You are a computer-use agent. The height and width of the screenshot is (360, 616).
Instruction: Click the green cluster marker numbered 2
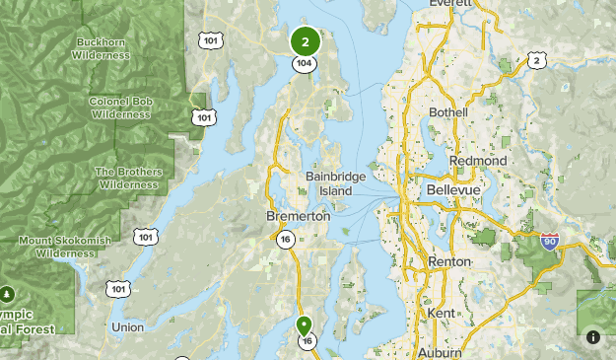click(306, 41)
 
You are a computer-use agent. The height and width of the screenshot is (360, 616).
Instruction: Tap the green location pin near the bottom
click(305, 324)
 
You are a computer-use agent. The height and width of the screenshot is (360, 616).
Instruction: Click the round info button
click(593, 336)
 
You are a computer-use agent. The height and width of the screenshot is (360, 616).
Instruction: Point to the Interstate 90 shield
click(549, 242)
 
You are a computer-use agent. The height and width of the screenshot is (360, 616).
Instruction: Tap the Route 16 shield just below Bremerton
click(285, 239)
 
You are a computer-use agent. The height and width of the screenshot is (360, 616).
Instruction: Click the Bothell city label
click(448, 112)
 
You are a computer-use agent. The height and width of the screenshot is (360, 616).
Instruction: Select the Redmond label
click(478, 160)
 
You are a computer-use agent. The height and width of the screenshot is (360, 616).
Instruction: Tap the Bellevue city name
click(452, 187)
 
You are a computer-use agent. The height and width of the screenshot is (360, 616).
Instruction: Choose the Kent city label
click(443, 312)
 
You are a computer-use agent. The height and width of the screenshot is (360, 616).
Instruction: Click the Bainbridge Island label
click(335, 182)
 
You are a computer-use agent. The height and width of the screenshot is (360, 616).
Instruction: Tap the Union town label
click(127, 326)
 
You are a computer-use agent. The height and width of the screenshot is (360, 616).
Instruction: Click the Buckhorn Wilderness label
click(102, 49)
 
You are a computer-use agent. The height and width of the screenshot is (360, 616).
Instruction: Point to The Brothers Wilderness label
click(127, 178)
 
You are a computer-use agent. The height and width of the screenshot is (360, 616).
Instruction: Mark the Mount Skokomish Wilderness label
click(64, 247)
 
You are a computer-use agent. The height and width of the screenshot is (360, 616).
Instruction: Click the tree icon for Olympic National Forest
click(8, 294)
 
